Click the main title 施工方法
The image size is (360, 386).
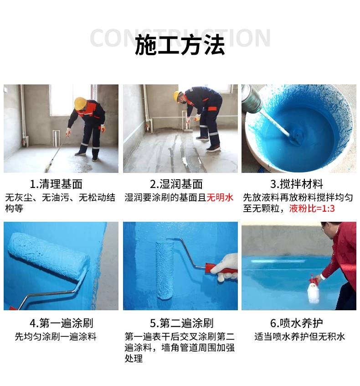180,45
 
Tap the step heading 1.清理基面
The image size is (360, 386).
56,184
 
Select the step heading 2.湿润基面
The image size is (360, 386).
176,184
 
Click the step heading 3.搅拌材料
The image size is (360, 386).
296,184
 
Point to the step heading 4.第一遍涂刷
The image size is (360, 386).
61,323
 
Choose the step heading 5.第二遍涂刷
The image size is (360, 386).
181,323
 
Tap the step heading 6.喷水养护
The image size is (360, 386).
296,323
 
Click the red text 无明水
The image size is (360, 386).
220,198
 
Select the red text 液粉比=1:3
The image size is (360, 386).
312,209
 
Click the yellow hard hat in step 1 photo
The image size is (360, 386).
80,104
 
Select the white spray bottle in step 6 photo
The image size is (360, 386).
313,291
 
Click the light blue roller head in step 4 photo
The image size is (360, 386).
48,256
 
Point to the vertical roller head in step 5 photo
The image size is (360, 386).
165,270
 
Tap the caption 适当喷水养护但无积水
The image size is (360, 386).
299,337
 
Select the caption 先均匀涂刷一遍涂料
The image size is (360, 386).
56,337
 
